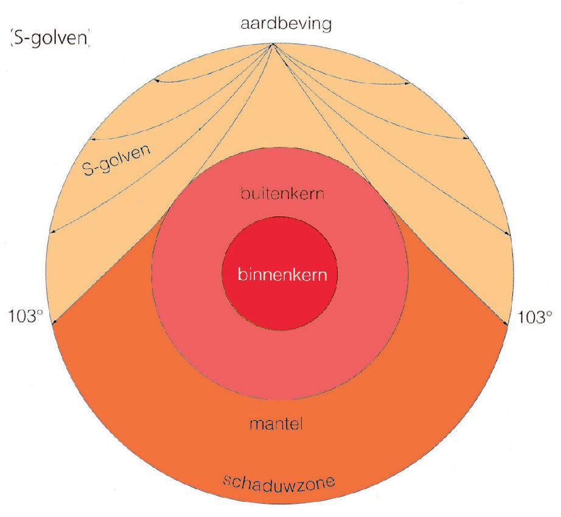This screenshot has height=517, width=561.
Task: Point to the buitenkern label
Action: coord(279,196)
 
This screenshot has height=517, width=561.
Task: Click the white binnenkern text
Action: coord(279,275)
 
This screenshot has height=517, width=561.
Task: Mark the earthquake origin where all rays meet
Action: coord(272,44)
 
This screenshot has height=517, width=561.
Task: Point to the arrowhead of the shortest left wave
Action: coord(156,80)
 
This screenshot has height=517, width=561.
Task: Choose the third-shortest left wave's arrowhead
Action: coord(52,232)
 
